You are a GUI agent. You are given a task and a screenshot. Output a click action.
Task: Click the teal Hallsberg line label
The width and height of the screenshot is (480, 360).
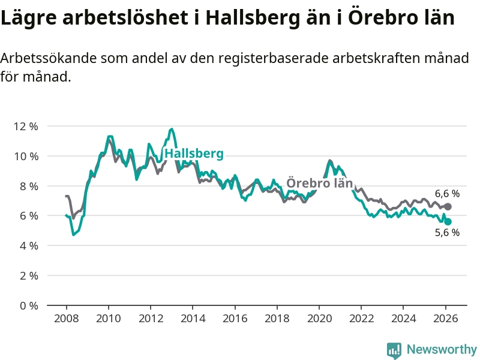coord(194,154)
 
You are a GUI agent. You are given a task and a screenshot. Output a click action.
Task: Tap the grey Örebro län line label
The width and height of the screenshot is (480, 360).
coord(319,183)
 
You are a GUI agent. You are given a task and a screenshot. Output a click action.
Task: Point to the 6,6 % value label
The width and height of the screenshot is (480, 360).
coord(447,194)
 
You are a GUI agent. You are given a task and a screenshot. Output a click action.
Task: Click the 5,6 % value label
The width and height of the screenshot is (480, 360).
coord(447,232)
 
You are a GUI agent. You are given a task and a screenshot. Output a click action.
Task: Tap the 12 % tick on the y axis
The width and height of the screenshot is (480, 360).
coord(25,127)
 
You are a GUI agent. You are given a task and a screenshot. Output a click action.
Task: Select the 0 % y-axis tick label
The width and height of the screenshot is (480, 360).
coord(28,305)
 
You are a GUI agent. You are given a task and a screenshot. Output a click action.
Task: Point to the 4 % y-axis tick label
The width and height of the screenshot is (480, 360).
coord(28,245)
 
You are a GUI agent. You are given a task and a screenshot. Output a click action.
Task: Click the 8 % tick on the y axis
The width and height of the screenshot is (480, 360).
coord(28,186)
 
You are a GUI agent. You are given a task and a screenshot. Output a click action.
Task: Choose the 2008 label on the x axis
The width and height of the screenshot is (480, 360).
coord(66,318)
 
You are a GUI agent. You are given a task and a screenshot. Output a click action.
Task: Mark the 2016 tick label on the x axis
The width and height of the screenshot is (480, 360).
coord(235,318)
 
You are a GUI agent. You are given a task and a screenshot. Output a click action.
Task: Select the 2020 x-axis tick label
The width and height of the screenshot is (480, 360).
coord(319,318)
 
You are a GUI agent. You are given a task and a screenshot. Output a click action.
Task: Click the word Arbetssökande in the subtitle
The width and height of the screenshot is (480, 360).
coord(47,59)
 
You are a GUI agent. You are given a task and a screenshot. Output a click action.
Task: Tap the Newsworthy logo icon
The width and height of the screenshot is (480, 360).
coord(394,349)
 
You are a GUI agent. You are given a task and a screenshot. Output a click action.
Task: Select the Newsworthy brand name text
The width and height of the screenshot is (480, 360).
coord(442,349)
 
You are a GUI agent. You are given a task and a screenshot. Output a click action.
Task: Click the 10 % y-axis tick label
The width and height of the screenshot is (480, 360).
coord(25,156)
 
